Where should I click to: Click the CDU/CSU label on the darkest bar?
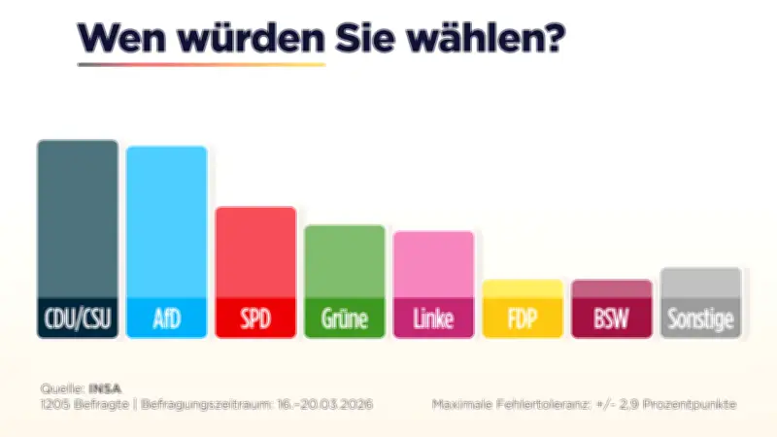[78, 318]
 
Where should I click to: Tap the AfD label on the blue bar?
[166, 318]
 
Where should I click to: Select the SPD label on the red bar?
[254, 318]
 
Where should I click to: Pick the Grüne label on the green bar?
[345, 318]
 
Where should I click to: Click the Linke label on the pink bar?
[433, 318]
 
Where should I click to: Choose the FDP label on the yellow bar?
[523, 318]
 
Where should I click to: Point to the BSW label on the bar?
[611, 318]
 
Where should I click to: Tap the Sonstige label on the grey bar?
[700, 318]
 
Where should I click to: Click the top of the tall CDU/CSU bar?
[78, 146]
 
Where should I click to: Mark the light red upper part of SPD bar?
[254, 252]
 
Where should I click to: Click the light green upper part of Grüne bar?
[345, 262]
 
